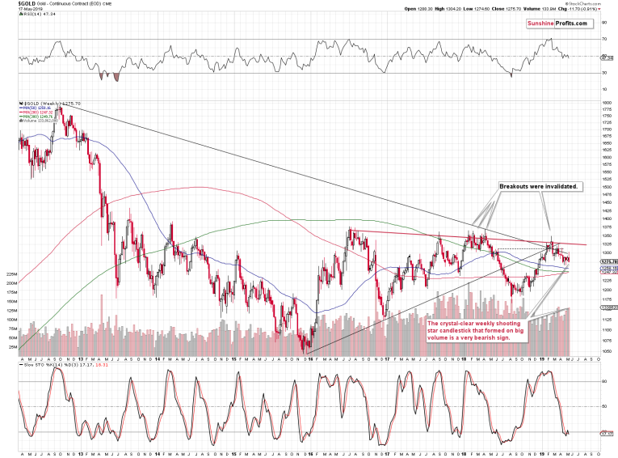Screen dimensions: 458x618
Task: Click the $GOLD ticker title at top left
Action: coord(14,4)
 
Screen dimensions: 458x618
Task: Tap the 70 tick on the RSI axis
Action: coord(603,39)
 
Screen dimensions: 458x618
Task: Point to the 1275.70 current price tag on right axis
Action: coord(608,262)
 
